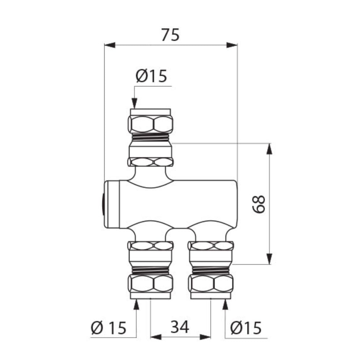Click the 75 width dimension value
pos(171,35)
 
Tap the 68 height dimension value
pos(258,204)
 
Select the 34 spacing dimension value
pos(180,327)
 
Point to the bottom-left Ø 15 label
pos(109,328)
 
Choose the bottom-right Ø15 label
pos(246,328)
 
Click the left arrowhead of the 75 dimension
pos(110,45)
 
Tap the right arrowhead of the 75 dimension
pos(232,45)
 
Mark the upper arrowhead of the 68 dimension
pos(269,148)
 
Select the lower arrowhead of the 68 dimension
pos(269,259)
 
